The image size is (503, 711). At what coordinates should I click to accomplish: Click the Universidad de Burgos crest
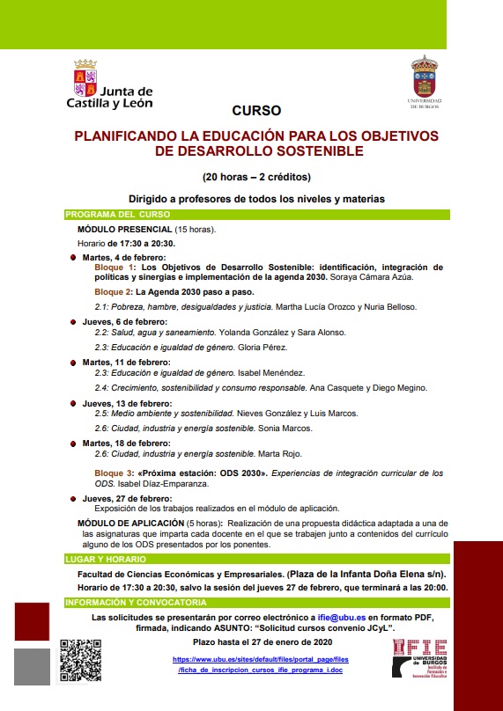[x=425, y=81]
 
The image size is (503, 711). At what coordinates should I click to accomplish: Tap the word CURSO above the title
[x=256, y=111]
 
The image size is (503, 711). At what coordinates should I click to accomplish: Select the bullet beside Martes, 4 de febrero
[x=73, y=257]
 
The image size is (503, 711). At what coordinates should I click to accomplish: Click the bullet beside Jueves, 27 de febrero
[x=73, y=498]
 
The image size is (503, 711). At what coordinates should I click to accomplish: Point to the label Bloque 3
[x=114, y=473]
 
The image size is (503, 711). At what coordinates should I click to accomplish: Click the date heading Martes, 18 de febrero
[x=127, y=443]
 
